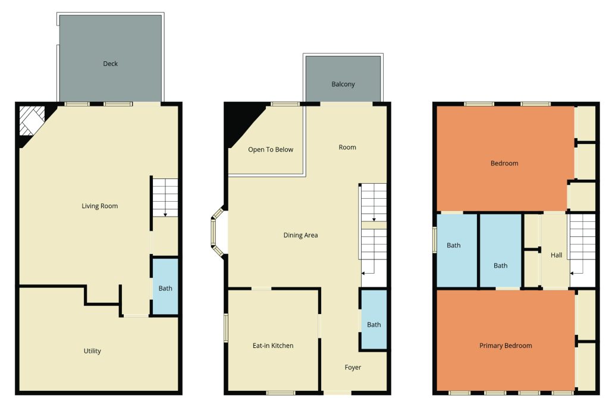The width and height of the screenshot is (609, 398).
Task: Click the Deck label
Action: (x=111, y=64)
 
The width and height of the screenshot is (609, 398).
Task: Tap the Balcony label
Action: (x=343, y=84)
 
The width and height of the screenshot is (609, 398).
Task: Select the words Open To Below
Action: (x=271, y=149)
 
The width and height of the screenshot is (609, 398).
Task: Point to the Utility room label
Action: (x=92, y=351)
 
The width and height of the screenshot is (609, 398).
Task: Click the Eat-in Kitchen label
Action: (x=272, y=346)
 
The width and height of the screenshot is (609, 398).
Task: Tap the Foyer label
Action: (x=353, y=367)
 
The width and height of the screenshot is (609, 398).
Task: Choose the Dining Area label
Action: (x=300, y=235)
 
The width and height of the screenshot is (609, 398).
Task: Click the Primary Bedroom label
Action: (x=506, y=346)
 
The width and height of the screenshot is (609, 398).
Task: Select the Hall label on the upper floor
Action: (x=556, y=255)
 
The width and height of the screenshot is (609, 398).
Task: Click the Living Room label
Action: (x=100, y=206)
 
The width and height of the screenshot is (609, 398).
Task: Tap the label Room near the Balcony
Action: (x=347, y=147)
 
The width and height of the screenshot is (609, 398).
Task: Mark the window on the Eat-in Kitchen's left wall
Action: (x=226, y=328)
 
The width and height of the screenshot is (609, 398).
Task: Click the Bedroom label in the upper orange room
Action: (x=504, y=163)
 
